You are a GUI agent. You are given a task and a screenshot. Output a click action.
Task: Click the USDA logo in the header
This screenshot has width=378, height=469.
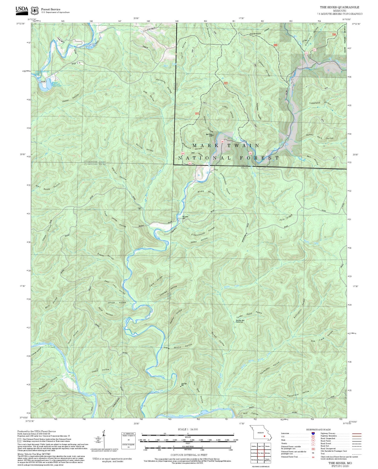pos(22,10)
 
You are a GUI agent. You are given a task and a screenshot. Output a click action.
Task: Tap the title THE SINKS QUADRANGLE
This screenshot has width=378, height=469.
pos(339,7)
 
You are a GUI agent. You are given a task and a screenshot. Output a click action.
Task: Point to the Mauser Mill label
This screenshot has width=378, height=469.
pos(185,217)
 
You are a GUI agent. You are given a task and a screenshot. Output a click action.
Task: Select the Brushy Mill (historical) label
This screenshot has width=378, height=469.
pos(239,321)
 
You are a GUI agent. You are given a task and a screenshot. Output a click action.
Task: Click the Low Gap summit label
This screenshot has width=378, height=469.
pos(184,384)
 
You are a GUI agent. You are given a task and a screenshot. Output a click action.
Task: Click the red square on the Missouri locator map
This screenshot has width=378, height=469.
pos(264,436)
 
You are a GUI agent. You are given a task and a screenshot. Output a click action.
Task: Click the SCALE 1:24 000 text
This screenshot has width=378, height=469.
pos(188,429)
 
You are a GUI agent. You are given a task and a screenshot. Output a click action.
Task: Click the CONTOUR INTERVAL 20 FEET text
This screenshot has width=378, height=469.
pos(189,455)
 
